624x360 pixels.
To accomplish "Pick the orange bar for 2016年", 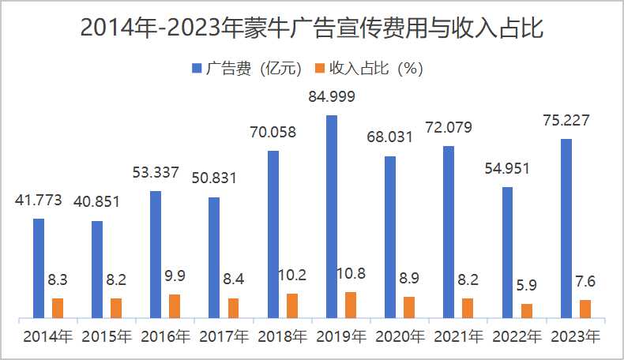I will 175,306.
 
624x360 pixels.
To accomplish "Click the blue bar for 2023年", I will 566,229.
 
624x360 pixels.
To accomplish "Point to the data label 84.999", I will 332,98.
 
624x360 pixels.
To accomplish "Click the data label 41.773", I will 39,201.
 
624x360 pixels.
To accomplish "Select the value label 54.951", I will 507,168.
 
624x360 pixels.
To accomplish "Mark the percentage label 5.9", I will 527,286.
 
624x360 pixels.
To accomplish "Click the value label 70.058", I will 273,133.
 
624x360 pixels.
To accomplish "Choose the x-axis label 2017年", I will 224,337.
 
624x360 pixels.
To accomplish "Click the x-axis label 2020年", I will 400,337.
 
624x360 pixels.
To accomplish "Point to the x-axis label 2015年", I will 107,337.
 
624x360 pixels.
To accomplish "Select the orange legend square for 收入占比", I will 320,69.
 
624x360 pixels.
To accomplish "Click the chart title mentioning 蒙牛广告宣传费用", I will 312,29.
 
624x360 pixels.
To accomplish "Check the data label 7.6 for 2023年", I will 585,282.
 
